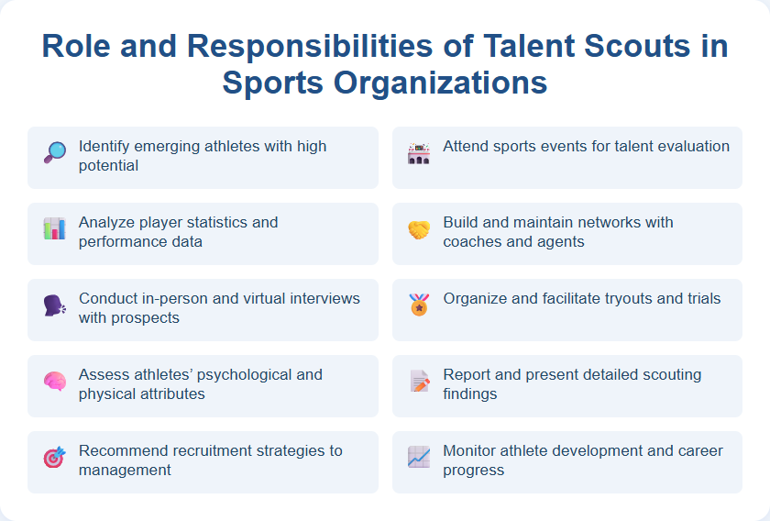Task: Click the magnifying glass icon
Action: click(54, 152)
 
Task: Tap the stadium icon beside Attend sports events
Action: click(418, 153)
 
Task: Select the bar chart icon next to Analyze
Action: click(54, 228)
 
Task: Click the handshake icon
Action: click(418, 229)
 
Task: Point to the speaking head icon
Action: click(54, 305)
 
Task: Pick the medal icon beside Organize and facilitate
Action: click(418, 305)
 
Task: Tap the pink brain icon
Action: click(54, 381)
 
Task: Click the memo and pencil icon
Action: click(418, 381)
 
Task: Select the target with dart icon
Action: click(54, 457)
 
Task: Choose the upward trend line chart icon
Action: click(418, 457)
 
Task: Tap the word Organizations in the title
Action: click(431, 83)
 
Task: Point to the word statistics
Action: click(219, 222)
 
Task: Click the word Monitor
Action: click(471, 450)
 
